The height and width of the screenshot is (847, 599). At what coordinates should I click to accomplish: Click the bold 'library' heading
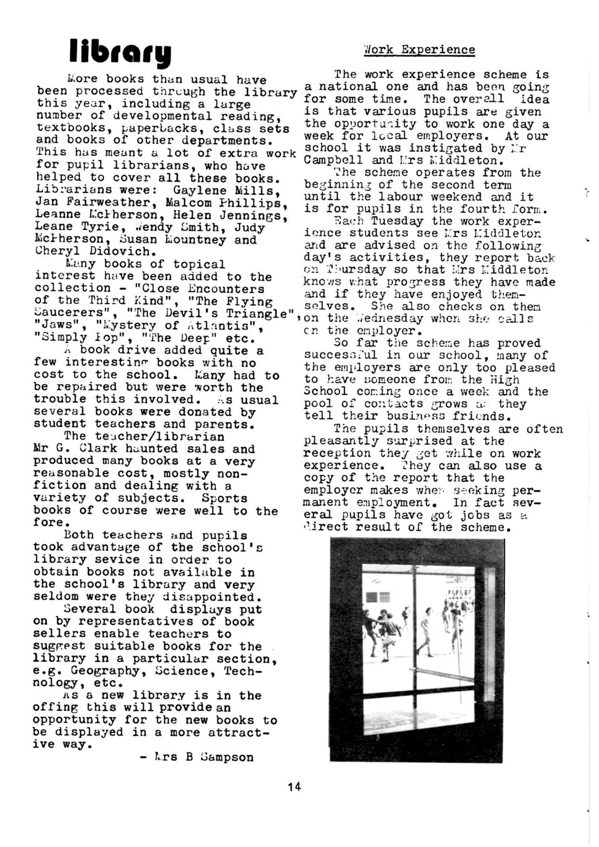click(x=120, y=52)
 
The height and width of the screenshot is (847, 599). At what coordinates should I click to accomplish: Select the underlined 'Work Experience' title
click(x=419, y=50)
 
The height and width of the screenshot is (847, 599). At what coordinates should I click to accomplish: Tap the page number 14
click(x=294, y=786)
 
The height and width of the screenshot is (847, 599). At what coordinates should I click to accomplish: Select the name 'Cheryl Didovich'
click(x=96, y=251)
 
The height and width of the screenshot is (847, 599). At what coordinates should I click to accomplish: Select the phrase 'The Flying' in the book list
click(x=238, y=301)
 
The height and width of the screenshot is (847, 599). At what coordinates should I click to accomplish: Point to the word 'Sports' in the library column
click(x=224, y=498)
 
